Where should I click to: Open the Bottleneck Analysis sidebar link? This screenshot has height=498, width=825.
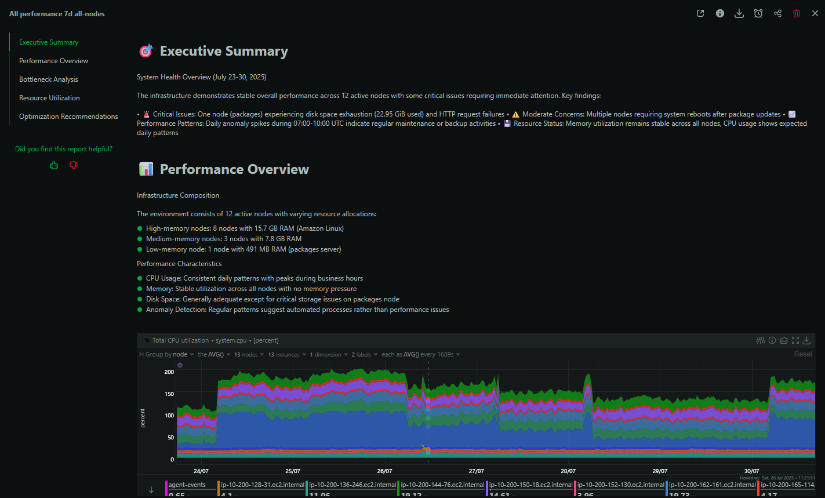pos(48,79)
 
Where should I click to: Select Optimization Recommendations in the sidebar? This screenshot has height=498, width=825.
pos(68,117)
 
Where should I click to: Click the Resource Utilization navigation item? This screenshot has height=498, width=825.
pos(49,98)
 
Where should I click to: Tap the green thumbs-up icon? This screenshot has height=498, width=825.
pos(54,165)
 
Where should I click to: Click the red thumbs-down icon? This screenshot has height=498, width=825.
pos(74,165)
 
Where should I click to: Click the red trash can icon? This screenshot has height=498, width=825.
pos(797,13)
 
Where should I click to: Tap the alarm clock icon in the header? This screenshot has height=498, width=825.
pos(758,13)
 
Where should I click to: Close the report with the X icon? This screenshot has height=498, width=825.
pos(815,13)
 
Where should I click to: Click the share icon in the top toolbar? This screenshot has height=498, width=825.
pos(777,13)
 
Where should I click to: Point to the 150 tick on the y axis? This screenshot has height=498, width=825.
pos(169,394)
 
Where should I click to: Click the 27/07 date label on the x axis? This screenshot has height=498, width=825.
pos(476,471)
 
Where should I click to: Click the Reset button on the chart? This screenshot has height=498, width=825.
pos(803,354)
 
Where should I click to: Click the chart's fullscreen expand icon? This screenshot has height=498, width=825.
pos(795,340)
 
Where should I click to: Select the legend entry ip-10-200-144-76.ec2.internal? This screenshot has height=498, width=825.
pos(442,485)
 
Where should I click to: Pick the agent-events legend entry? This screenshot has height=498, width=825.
pos(187,485)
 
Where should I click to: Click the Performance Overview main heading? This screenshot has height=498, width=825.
pos(234,169)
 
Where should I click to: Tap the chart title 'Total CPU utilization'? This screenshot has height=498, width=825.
pos(180,340)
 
